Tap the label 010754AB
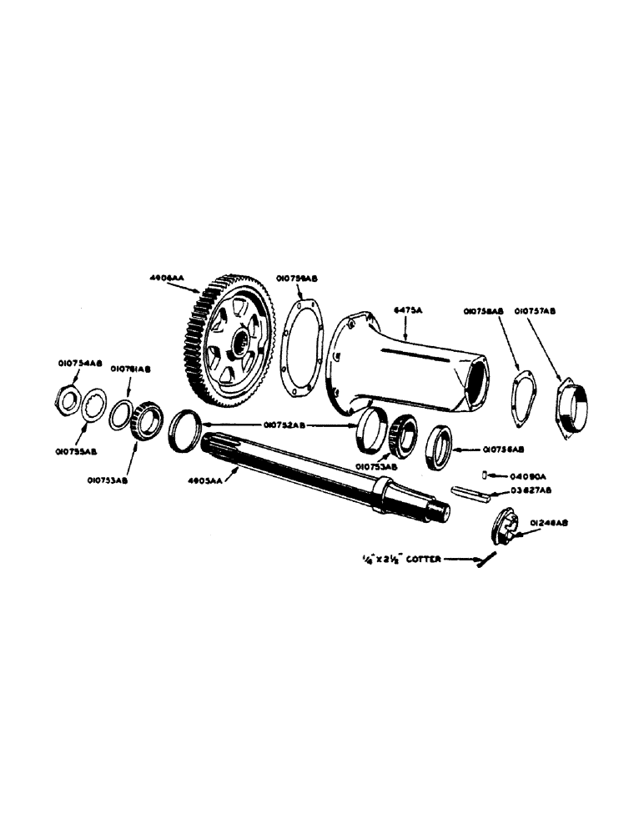click(78, 362)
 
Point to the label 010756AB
click(506, 449)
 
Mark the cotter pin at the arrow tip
click(484, 563)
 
